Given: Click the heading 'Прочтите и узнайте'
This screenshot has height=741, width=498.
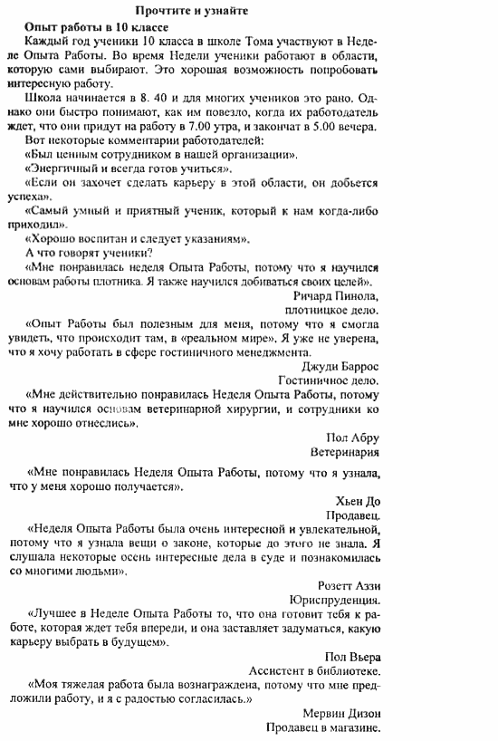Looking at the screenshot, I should (x=190, y=11).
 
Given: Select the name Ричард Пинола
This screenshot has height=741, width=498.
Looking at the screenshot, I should (x=336, y=295).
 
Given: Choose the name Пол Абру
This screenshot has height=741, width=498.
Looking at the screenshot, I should (x=348, y=437).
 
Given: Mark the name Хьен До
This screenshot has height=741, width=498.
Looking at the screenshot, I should (x=357, y=501).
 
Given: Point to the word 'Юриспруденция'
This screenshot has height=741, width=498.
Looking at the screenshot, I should (x=335, y=600).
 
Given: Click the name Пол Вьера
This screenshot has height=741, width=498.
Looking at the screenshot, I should (x=352, y=657).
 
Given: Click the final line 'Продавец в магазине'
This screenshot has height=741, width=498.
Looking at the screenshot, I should (x=322, y=727).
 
